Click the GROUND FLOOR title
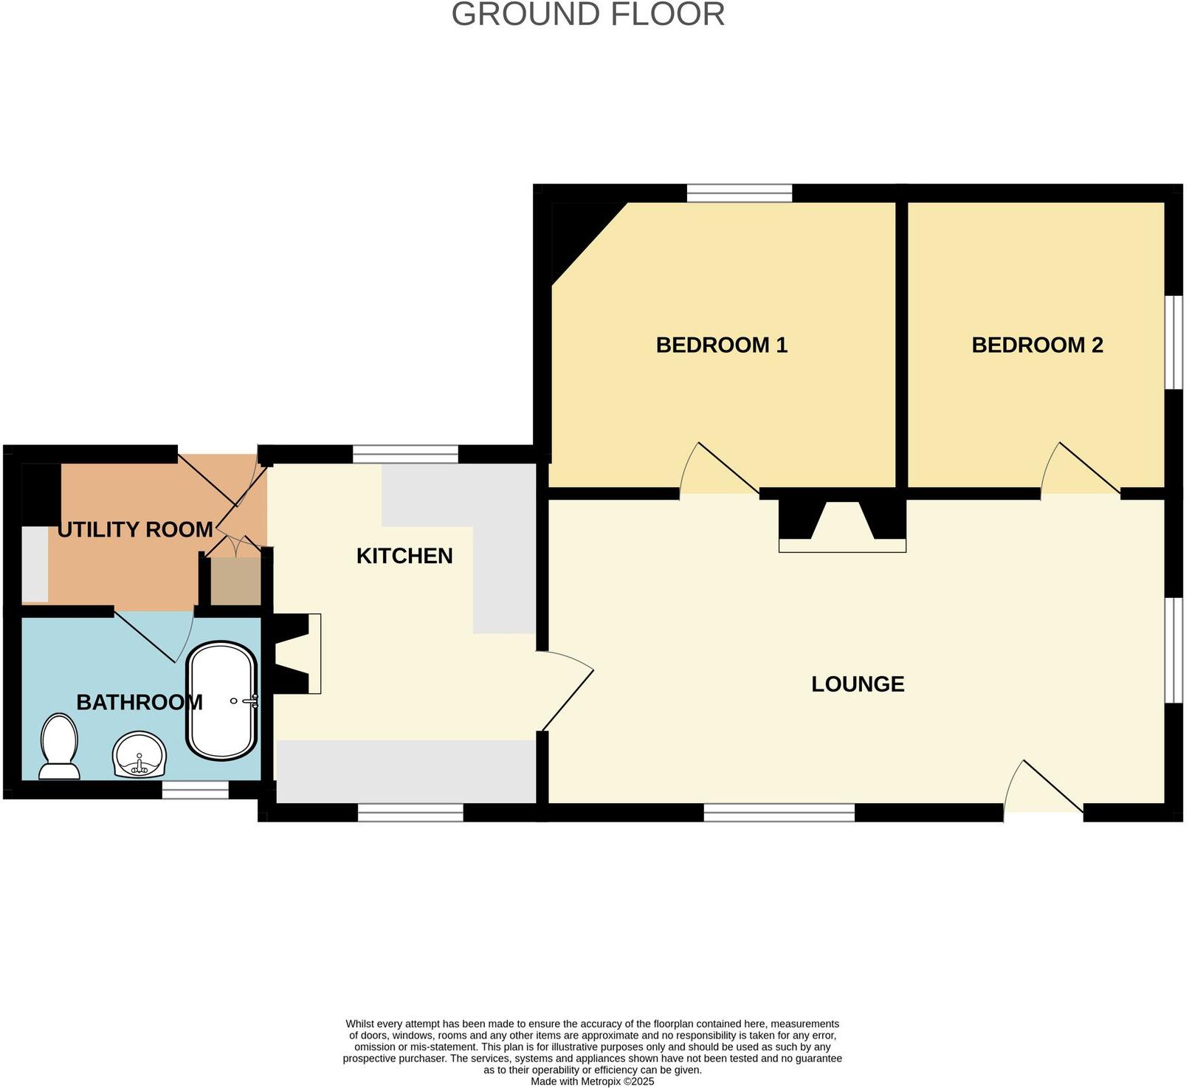pyautogui.click(x=587, y=15)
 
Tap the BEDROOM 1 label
pyautogui.click(x=721, y=345)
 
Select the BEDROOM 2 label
pyautogui.click(x=1036, y=345)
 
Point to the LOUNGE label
pyautogui.click(x=857, y=684)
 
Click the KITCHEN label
pyautogui.click(x=404, y=556)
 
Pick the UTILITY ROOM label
pyautogui.click(x=135, y=529)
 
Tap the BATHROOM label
pyautogui.click(x=139, y=702)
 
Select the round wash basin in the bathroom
pyautogui.click(x=139, y=754)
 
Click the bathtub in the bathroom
pyautogui.click(x=222, y=700)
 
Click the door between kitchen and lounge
pyautogui.click(x=567, y=690)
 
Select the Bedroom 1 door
pyautogui.click(x=720, y=471)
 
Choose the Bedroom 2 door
pyautogui.click(x=1081, y=471)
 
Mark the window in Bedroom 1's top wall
pyautogui.click(x=739, y=193)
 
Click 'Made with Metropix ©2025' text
pyautogui.click(x=592, y=1081)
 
